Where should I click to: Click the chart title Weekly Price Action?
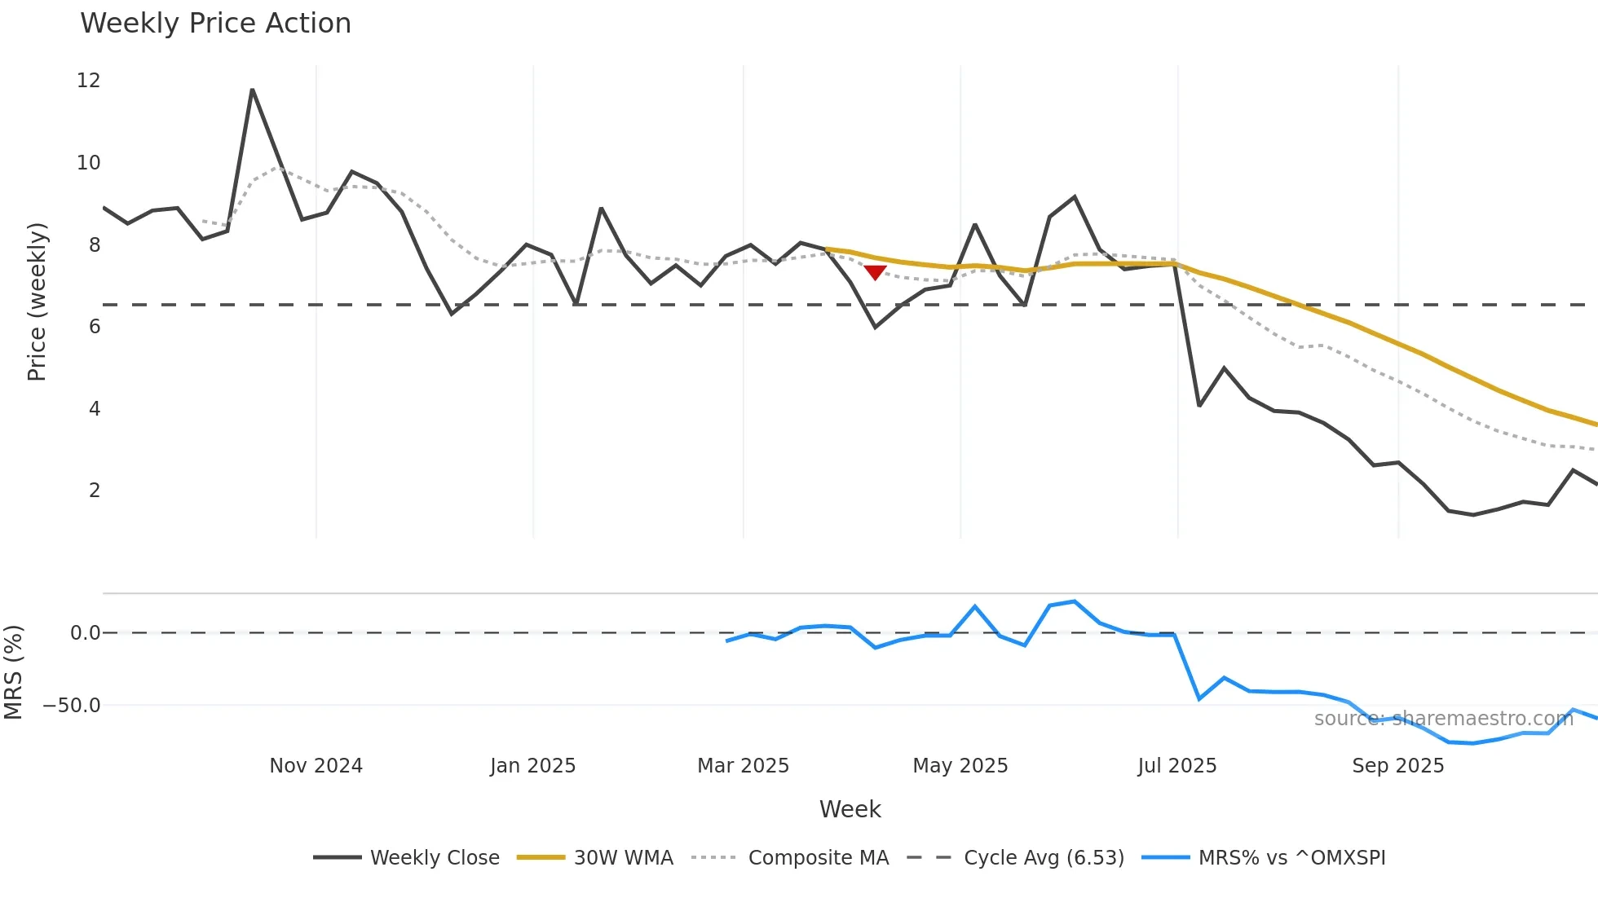pyautogui.click(x=215, y=24)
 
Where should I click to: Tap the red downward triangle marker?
pyautogui.click(x=875, y=272)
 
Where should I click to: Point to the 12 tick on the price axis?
pyautogui.click(x=89, y=81)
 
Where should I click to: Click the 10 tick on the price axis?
pyautogui.click(x=89, y=163)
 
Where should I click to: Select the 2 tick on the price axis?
pyautogui.click(x=95, y=491)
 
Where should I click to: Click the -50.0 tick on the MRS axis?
pyautogui.click(x=73, y=706)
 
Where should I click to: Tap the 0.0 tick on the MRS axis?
pyautogui.click(x=85, y=633)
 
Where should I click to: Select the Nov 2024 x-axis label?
pyautogui.click(x=316, y=766)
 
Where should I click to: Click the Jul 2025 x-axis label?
pyautogui.click(x=1176, y=766)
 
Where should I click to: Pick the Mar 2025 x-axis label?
pyautogui.click(x=743, y=766)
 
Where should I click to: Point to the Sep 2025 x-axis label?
pyautogui.click(x=1397, y=766)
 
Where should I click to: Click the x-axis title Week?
pyautogui.click(x=850, y=809)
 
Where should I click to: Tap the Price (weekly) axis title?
pyautogui.click(x=37, y=302)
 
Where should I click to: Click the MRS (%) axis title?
pyautogui.click(x=14, y=672)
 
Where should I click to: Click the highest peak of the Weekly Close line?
pyautogui.click(x=252, y=90)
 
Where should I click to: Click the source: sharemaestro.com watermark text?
pyautogui.click(x=1443, y=719)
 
